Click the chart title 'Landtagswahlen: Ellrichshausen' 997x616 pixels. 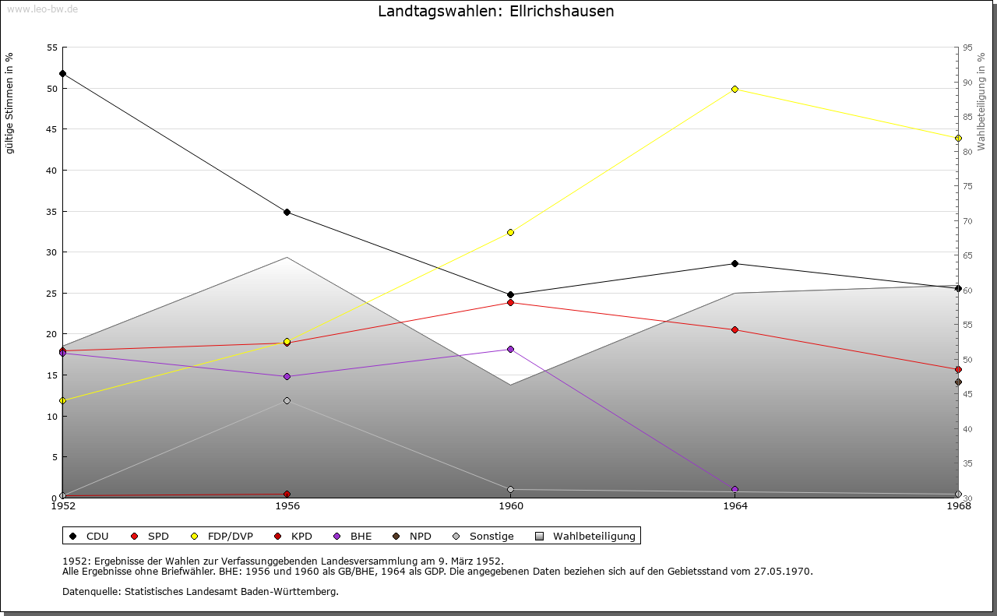click(x=495, y=12)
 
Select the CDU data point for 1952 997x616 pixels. click(x=63, y=74)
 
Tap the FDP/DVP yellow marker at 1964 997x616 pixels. click(x=735, y=90)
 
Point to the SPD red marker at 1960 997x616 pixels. click(x=511, y=303)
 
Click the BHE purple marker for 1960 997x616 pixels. click(x=511, y=350)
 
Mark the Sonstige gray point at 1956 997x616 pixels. click(x=287, y=401)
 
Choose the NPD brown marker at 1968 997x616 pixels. click(x=958, y=382)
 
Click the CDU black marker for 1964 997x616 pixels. click(x=735, y=264)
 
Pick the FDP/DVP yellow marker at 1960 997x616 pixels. click(x=511, y=233)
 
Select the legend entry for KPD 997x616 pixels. click(x=295, y=537)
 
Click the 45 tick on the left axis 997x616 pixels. click(x=52, y=129)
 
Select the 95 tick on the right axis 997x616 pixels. click(x=967, y=48)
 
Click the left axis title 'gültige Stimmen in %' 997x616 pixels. click(x=9, y=104)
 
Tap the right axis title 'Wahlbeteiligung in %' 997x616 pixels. click(x=981, y=102)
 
